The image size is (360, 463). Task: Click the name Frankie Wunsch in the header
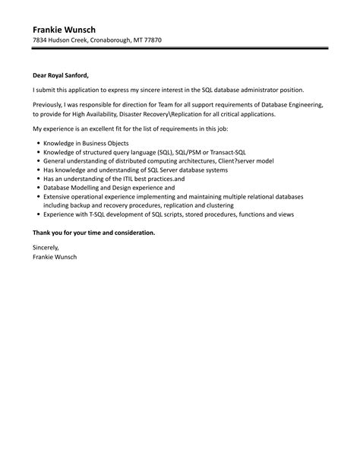click(x=64, y=30)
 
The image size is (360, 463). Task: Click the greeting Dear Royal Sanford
click(x=61, y=75)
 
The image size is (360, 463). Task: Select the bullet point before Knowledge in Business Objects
click(x=37, y=143)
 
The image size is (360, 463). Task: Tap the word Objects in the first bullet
click(x=115, y=143)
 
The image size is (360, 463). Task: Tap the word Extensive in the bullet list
click(x=58, y=196)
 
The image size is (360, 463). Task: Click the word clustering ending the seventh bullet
click(x=218, y=205)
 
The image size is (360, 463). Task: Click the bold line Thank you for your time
click(x=93, y=232)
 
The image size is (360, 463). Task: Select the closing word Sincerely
click(x=46, y=248)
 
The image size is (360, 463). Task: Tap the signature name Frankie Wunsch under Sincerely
click(x=55, y=257)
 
